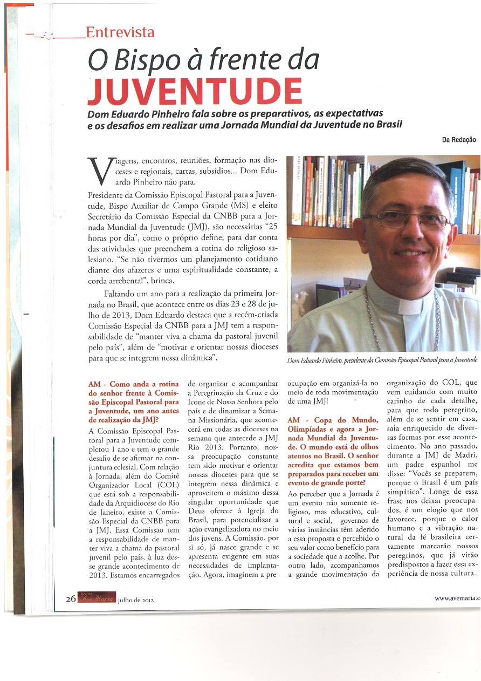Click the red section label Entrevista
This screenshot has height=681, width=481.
(x=120, y=33)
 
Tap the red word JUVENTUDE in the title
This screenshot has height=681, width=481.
(x=195, y=92)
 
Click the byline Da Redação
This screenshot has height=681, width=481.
(x=458, y=140)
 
